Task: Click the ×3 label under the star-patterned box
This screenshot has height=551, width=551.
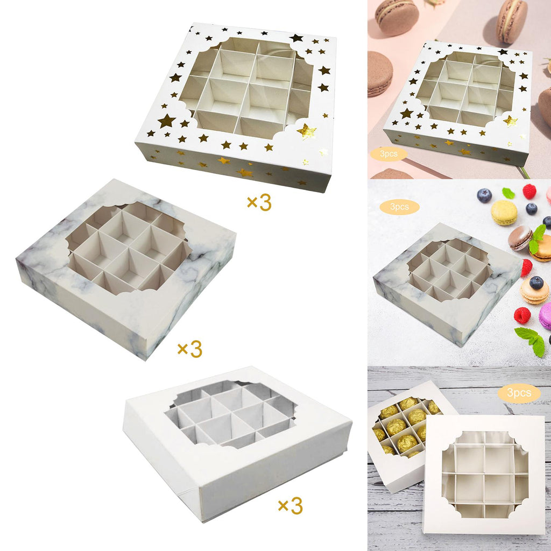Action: click(259, 202)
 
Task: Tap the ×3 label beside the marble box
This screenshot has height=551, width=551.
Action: click(190, 349)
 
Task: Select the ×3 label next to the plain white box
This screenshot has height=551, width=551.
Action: click(290, 506)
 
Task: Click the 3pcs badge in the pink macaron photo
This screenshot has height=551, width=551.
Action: click(388, 154)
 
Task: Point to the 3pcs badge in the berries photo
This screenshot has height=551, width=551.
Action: click(400, 207)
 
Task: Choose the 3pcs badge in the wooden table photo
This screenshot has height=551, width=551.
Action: click(519, 392)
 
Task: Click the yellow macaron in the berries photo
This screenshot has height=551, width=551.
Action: click(504, 213)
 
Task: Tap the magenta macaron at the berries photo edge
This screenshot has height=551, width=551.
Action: click(546, 316)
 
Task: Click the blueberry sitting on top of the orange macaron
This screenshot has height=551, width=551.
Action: click(536, 282)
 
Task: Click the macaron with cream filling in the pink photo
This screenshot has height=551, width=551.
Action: click(512, 21)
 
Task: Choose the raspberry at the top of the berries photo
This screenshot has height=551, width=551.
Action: click(529, 192)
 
